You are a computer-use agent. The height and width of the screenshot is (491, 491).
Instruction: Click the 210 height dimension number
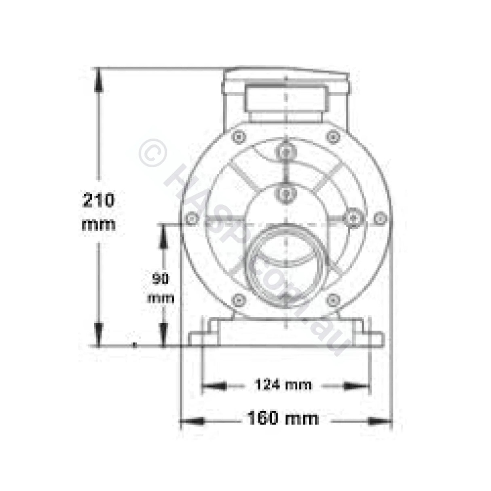[98, 200]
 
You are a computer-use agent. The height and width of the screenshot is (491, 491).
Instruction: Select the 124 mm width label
[283, 384]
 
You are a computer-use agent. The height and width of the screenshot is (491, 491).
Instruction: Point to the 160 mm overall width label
[283, 418]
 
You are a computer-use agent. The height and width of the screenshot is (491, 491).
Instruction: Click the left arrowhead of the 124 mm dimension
[213, 386]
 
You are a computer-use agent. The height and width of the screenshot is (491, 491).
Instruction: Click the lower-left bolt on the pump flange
[238, 300]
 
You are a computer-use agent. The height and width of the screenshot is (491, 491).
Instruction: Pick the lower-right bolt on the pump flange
[332, 300]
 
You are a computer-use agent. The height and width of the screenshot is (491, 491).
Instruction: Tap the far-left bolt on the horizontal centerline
[190, 219]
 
